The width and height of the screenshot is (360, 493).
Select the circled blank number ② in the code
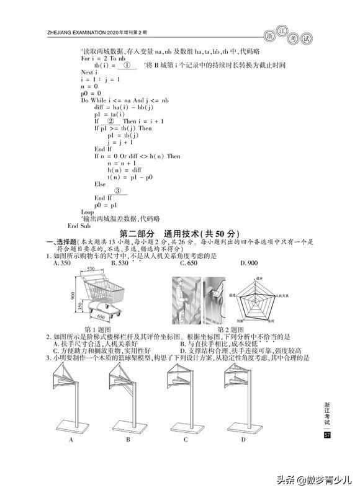coord(119,122)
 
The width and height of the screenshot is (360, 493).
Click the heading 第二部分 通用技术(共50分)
coord(179,233)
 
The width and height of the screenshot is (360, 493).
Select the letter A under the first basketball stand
coord(71,440)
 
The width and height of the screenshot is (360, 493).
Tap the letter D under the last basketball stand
coord(243,440)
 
